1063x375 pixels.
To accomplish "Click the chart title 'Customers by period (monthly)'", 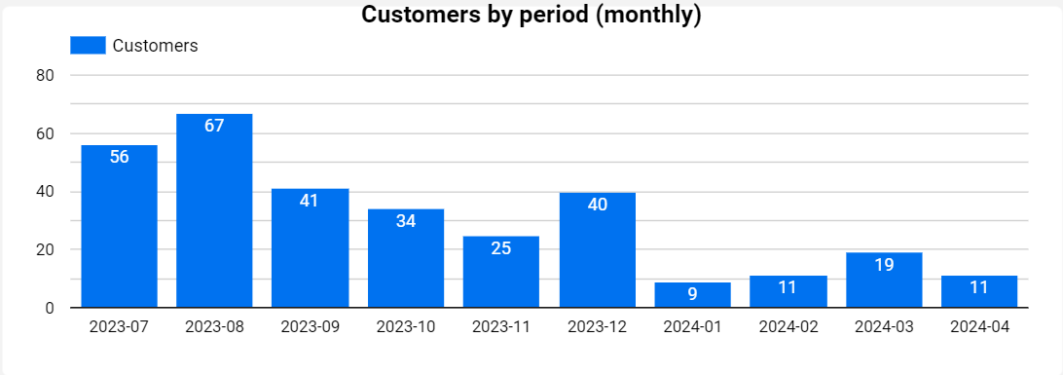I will coord(531,15).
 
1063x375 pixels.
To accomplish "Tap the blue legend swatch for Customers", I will coord(88,46).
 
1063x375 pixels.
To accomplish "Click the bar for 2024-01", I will coord(692,296).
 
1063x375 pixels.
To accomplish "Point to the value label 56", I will coord(120,157).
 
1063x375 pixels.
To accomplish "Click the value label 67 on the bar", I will coord(214,126).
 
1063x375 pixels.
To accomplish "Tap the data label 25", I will coord(501,248).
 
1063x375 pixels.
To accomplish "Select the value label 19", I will coord(884,264).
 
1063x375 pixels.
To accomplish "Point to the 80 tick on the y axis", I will coord(45,75).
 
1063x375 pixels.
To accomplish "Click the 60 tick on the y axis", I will coord(45,133).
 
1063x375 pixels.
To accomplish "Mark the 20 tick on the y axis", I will coord(45,249).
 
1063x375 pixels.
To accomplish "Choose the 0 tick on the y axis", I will coord(49,308).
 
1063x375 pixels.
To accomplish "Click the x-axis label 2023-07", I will coord(120,328).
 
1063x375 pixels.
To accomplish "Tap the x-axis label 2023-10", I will coord(406,328).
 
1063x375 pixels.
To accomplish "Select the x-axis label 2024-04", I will coord(979,328).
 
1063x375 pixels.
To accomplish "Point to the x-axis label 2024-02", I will coord(788,328).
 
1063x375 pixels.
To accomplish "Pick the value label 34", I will coord(406,221).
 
